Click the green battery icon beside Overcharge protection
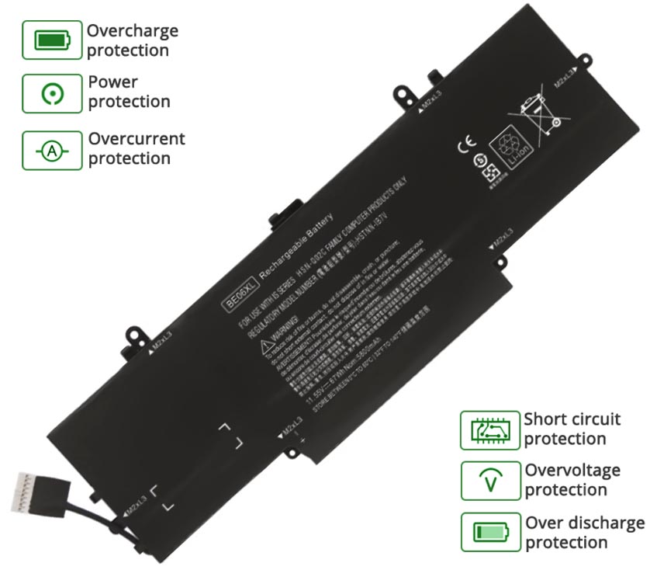click(x=51, y=39)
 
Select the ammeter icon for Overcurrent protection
click(x=51, y=151)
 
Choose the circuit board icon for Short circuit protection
click(x=489, y=430)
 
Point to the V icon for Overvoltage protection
click(x=490, y=481)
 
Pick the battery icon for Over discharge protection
click(x=490, y=532)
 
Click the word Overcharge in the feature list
click(x=132, y=31)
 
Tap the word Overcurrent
click(x=137, y=139)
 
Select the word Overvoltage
click(x=572, y=470)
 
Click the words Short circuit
click(x=572, y=419)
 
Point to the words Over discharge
click(x=585, y=523)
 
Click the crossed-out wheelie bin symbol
click(x=541, y=108)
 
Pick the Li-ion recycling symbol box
click(x=511, y=148)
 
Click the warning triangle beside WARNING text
click(x=268, y=345)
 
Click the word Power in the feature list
click(x=113, y=82)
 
